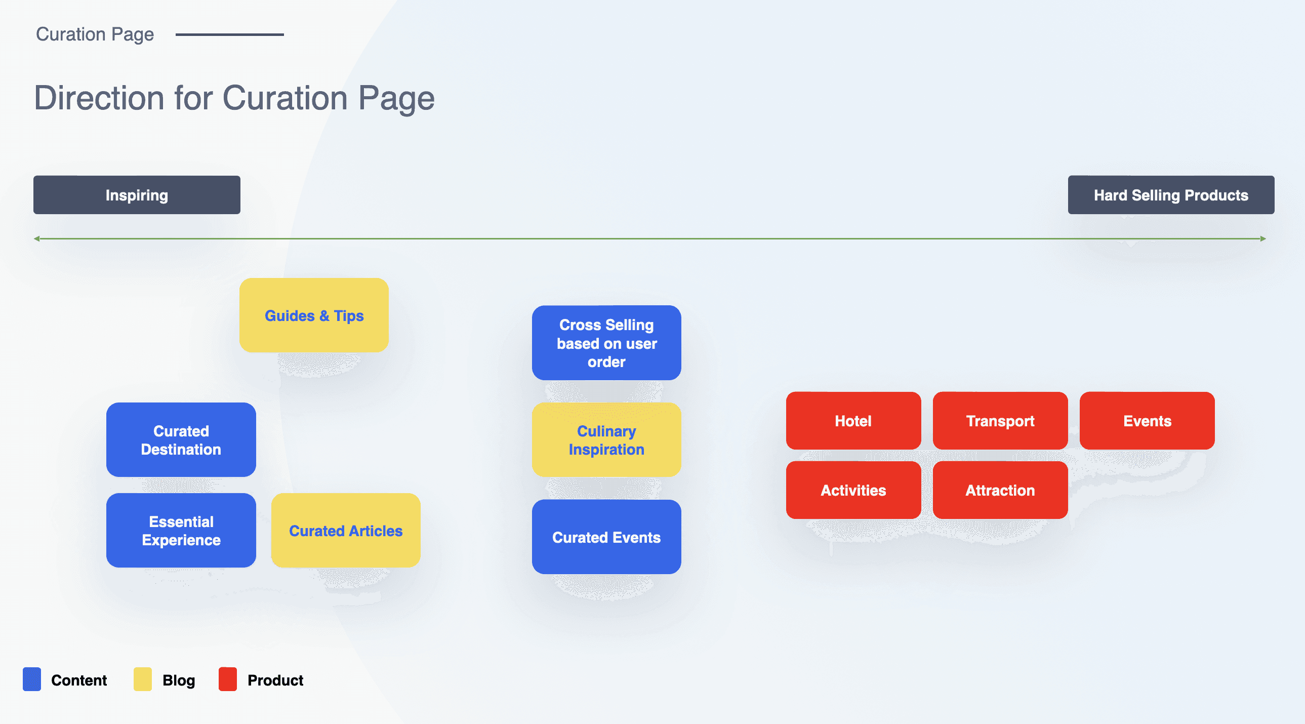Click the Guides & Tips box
[314, 315]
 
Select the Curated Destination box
[181, 440]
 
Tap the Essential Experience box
[181, 531]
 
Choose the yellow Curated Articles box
[346, 531]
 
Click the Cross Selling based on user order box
[606, 343]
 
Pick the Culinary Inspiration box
[606, 440]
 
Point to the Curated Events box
[606, 537]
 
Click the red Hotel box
[853, 421]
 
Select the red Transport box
[1000, 421]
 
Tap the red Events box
[1147, 421]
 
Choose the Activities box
[853, 490]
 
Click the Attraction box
[1000, 490]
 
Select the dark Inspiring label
[137, 195]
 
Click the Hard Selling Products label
[1171, 195]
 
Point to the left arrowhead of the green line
[37, 238]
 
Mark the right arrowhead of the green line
[1263, 238]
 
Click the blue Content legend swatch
[32, 679]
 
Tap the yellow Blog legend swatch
[142, 679]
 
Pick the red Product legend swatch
[227, 679]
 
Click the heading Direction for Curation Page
[234, 98]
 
